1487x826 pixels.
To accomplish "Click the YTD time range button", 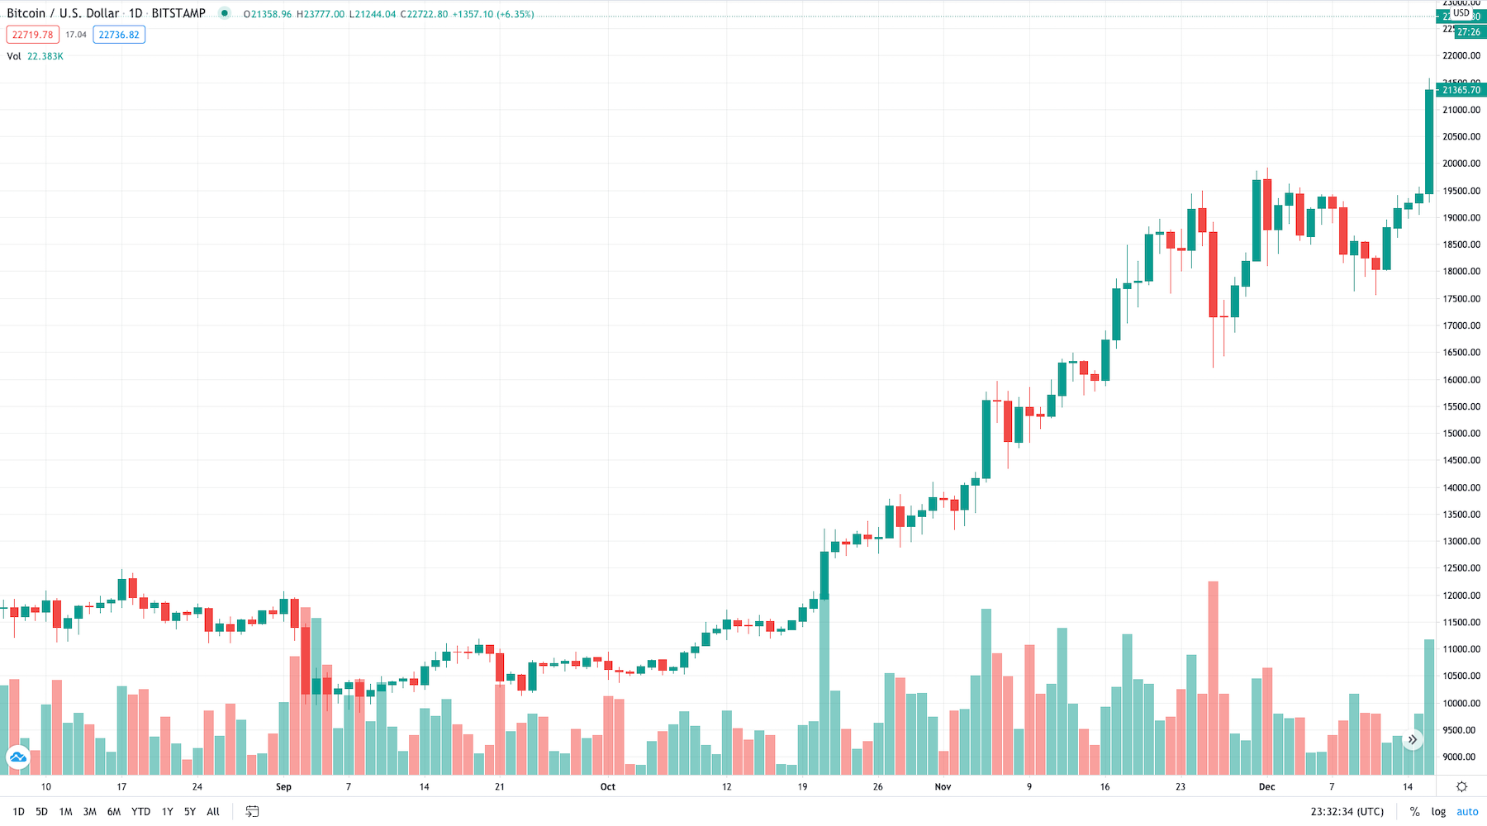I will coord(140,812).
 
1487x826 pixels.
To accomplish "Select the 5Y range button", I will coord(190,812).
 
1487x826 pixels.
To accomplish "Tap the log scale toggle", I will coord(1438,812).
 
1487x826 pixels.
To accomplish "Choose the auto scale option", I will coord(1467,812).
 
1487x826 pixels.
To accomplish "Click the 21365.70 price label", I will coord(1461,90).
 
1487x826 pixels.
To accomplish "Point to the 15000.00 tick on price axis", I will coord(1461,434).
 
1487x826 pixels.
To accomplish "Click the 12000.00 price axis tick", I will coord(1461,596).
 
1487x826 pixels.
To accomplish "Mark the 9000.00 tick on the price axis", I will coord(1461,757).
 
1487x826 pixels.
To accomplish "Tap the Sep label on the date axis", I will coord(283,787).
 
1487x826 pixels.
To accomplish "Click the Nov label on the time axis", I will coord(943,787).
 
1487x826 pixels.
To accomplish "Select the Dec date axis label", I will coord(1266,787).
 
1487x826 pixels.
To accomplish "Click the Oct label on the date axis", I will coord(608,787).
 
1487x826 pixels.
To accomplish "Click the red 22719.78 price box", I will coord(32,35).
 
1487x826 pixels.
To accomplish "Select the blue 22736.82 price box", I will coord(119,35).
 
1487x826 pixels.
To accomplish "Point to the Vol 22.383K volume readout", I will coord(36,56).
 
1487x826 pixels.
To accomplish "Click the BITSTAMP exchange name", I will coord(178,13).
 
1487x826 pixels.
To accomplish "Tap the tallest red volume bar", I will coord(1213,677).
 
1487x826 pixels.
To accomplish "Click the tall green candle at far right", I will coord(1429,141).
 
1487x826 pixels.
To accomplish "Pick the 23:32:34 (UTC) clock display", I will coord(1347,812).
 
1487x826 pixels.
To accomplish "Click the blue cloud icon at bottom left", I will coord(17,757).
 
